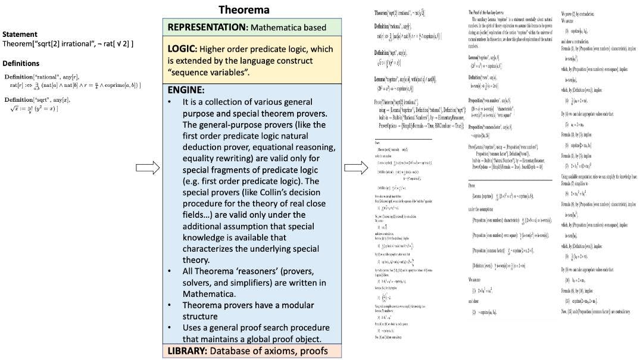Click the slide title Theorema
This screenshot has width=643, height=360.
pyautogui.click(x=244, y=10)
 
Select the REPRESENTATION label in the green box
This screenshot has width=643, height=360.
pyautogui.click(x=207, y=27)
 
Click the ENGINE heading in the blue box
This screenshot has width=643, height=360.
pyautogui.click(x=186, y=90)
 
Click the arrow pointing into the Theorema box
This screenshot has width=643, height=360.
pyautogui.click(x=148, y=168)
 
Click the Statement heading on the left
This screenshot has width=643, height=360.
pyautogui.click(x=20, y=35)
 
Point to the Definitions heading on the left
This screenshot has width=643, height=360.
pyautogui.click(x=21, y=64)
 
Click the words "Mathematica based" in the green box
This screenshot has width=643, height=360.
pyautogui.click(x=289, y=27)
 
